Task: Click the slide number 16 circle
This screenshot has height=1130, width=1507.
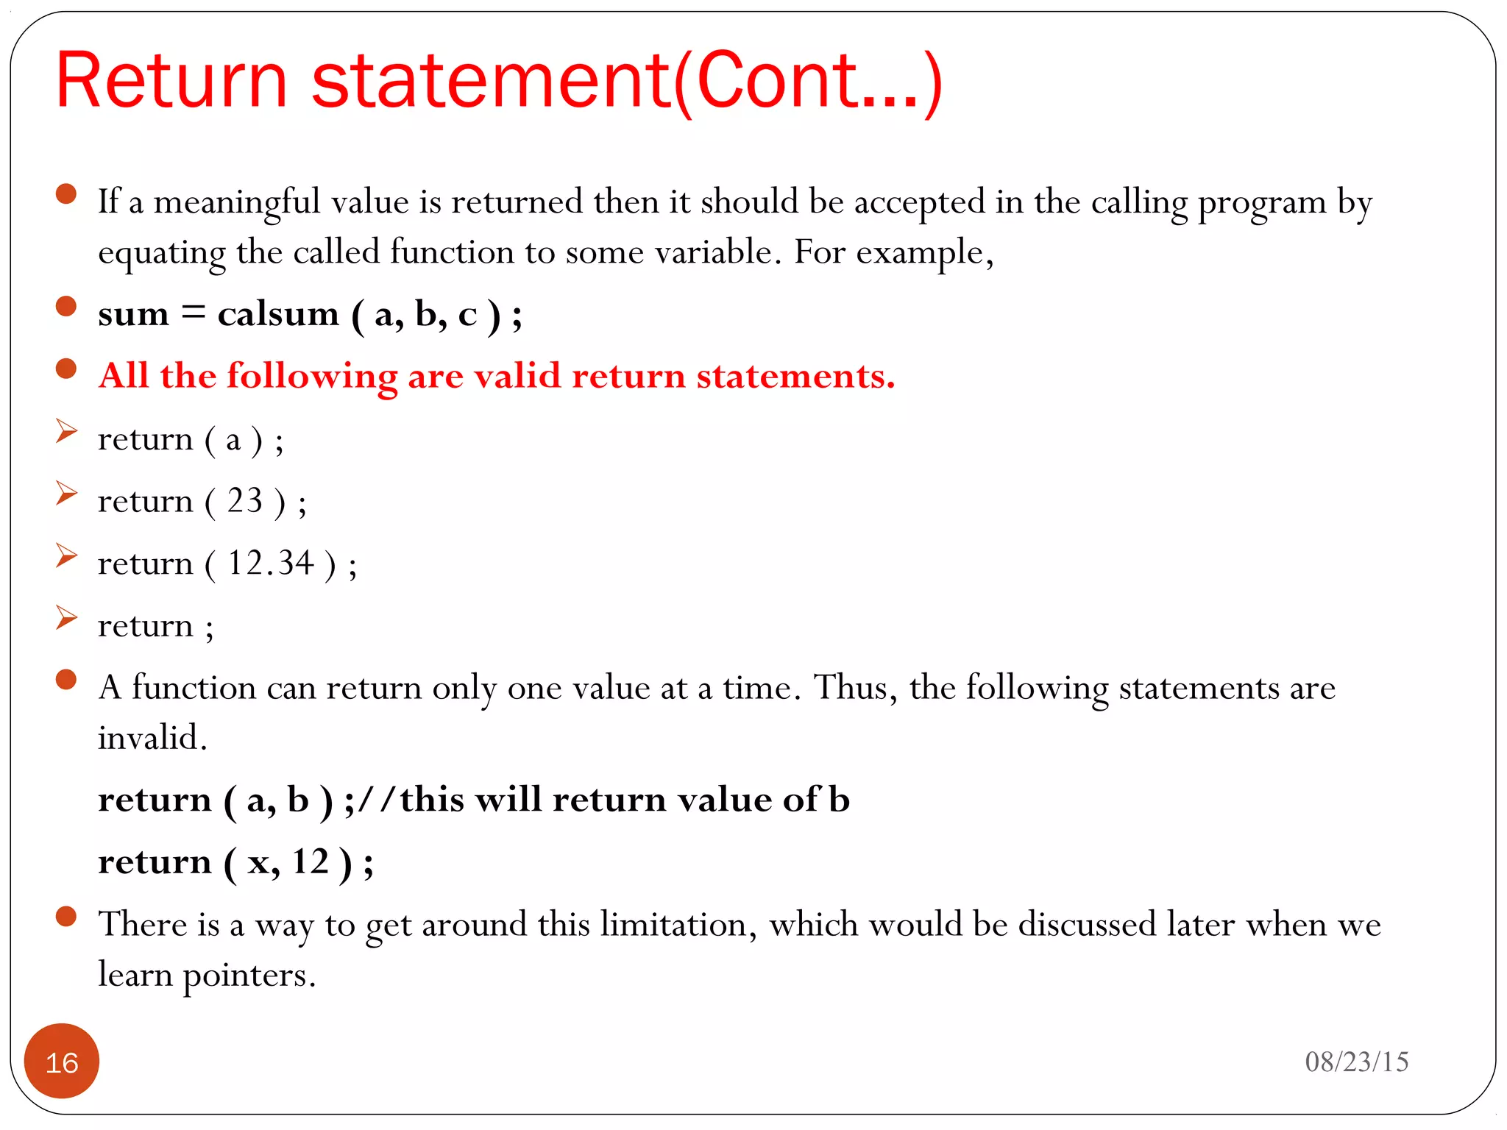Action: point(62,1061)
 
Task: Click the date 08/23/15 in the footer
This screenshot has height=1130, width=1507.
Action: point(1356,1062)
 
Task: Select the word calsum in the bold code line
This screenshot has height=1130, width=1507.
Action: point(278,314)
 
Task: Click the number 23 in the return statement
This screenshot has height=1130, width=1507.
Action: point(244,501)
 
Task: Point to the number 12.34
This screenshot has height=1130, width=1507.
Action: point(271,564)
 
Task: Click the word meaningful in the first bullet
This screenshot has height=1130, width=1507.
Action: point(237,203)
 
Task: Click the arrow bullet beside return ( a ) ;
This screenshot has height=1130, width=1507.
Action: point(66,431)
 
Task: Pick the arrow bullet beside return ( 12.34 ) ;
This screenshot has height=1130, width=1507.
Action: point(66,555)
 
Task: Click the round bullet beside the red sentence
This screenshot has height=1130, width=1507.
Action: point(66,369)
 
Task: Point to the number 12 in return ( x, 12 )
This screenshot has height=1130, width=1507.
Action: point(310,861)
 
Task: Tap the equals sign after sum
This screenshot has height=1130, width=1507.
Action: point(193,313)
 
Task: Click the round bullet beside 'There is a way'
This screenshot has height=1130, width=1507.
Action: point(66,916)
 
